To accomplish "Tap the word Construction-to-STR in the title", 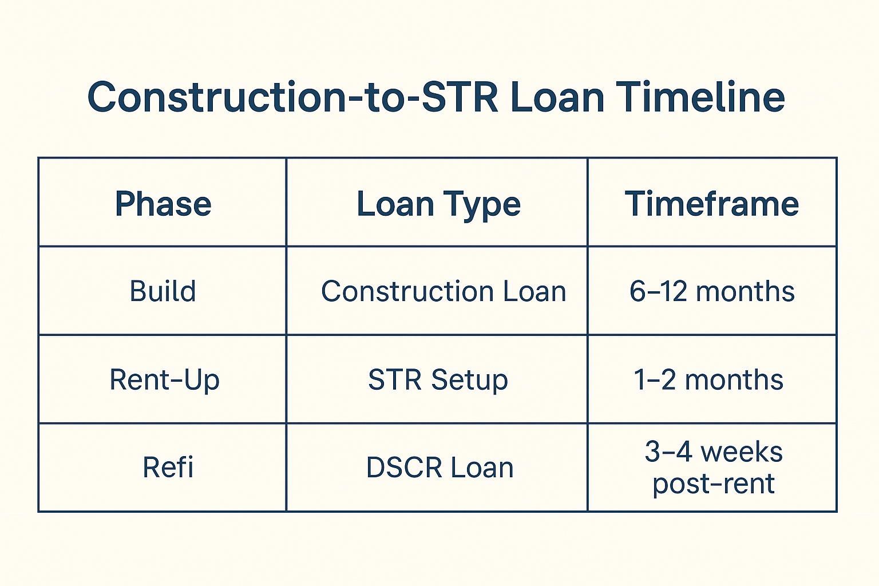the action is point(293,97).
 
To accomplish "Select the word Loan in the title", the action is point(557,97).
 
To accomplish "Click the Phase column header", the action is point(163,203).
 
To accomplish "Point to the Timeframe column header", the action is point(712,203).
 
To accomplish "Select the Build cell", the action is point(163,291).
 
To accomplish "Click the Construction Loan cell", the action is point(444,291).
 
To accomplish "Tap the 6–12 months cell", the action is point(712,291).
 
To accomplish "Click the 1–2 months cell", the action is point(708,379).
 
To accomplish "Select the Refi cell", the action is point(168,467).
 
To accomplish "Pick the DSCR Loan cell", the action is point(439,467).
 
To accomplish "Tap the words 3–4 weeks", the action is point(714,452).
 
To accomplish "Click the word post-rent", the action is point(714,484).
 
